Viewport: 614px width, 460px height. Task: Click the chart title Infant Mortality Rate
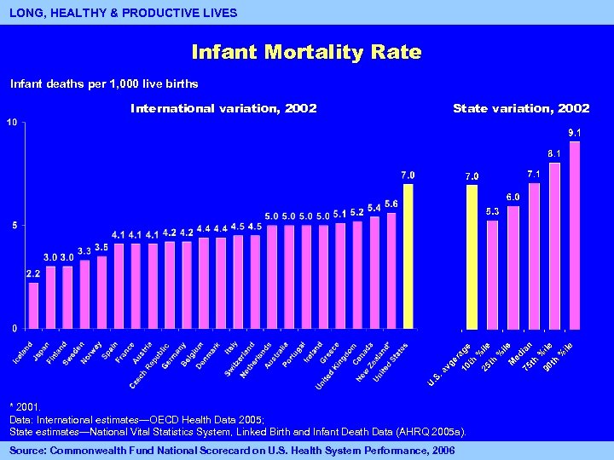click(x=306, y=52)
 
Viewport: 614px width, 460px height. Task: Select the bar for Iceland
click(x=33, y=305)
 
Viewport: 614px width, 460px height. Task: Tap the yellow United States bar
click(x=408, y=256)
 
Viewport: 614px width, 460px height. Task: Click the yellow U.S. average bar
click(x=472, y=256)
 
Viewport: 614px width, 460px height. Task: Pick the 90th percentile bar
click(x=575, y=235)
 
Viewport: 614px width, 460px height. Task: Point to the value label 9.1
click(x=575, y=133)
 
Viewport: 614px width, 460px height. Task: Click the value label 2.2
click(x=33, y=273)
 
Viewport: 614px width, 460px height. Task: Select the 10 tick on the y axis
click(x=11, y=123)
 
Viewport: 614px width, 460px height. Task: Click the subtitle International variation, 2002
click(x=223, y=108)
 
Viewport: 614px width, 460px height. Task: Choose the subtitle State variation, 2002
click(x=521, y=108)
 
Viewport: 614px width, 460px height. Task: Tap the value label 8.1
click(x=553, y=153)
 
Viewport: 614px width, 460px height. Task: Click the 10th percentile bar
click(x=492, y=274)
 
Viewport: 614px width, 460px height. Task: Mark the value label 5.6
click(x=391, y=204)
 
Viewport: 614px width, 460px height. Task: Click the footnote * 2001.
click(x=24, y=408)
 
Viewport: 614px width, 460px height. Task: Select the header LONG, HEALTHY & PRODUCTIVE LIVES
click(x=123, y=13)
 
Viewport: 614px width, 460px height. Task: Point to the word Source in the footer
click(x=27, y=449)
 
